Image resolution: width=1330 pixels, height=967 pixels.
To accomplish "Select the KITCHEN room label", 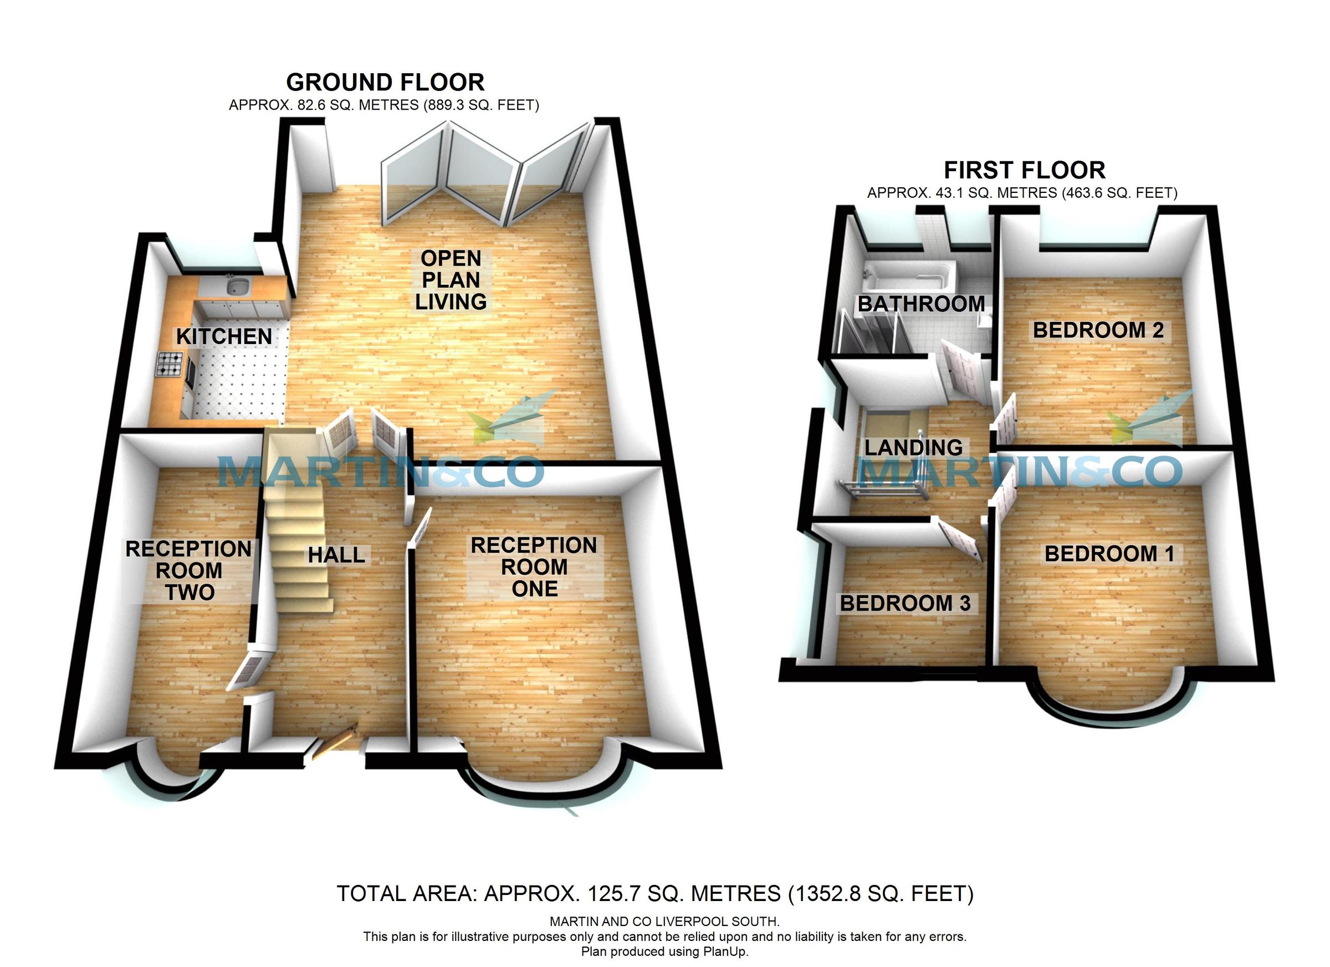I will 224,336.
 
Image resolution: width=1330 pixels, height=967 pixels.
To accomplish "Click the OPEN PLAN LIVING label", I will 451,280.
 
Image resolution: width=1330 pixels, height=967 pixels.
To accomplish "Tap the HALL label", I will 336,555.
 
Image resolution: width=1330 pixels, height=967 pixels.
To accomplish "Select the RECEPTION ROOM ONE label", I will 534,567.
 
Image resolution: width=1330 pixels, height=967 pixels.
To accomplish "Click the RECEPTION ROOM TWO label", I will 189,571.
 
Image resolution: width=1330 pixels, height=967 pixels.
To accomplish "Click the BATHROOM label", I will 920,304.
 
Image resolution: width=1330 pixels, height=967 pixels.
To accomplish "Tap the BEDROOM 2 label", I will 1098,330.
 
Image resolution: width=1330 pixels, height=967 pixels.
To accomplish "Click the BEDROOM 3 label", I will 906,603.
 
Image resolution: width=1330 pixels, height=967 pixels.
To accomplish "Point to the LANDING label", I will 914,448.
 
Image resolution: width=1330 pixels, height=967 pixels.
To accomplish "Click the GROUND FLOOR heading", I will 385,83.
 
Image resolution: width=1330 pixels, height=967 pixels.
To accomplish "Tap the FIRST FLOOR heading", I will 1025,171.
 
